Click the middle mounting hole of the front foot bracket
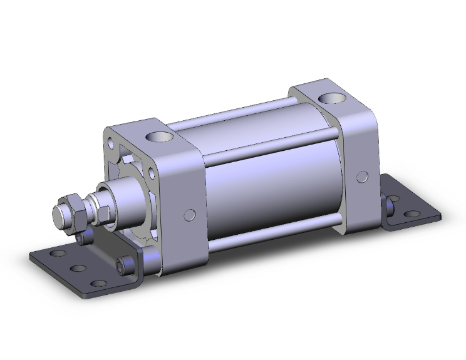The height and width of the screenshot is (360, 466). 78,269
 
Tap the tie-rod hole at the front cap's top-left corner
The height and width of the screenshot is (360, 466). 112,134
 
